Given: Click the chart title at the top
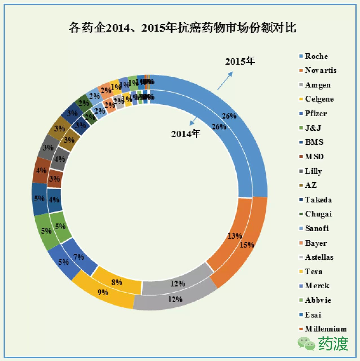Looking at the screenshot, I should pos(182,28).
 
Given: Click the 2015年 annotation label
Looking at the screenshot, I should pos(240,61).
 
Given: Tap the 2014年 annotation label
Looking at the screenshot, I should pos(186,134).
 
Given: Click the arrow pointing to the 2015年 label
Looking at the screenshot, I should pos(225,81).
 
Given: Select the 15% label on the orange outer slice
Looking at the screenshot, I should pos(247,245).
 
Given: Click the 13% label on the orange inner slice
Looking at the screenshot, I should pos(235,236).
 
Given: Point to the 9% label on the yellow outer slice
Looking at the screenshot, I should pos(103,292).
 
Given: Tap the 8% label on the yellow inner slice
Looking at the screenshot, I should pos(117,282).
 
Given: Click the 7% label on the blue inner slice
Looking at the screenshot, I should pos(78,257).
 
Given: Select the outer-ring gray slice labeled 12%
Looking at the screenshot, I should pos(175,299).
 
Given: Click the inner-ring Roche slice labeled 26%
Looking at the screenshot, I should pos(219,127).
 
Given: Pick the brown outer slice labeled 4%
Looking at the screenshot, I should pos(41,170).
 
